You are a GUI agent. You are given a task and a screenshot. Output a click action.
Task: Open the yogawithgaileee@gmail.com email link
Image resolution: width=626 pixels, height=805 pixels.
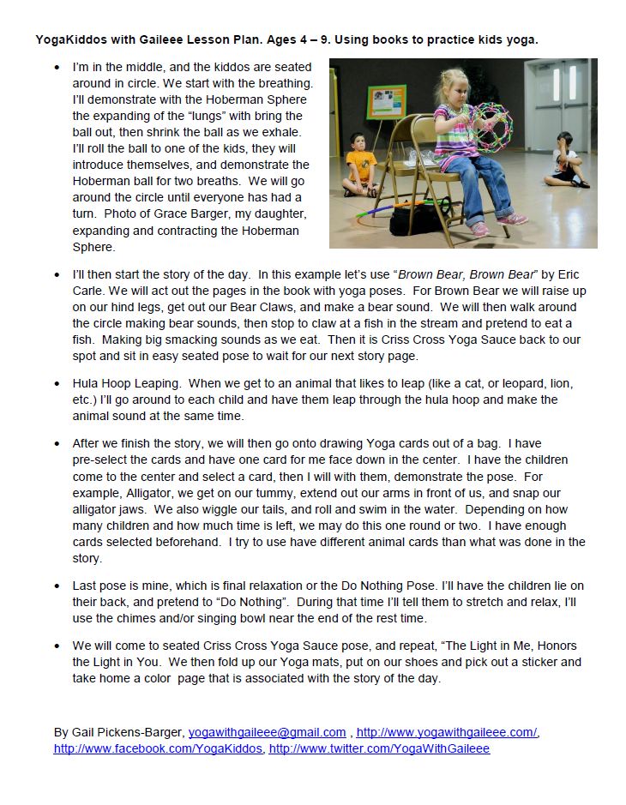pyautogui.click(x=267, y=731)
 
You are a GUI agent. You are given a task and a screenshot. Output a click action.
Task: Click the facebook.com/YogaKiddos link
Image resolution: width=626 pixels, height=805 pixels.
pyautogui.click(x=159, y=748)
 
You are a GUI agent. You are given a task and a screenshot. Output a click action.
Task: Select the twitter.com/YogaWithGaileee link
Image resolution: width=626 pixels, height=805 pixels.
pyautogui.click(x=379, y=748)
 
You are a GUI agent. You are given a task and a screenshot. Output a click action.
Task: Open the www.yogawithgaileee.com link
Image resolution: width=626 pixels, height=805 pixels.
pyautogui.click(x=447, y=731)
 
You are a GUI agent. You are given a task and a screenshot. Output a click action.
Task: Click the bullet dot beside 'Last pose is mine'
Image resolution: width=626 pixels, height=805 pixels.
pyautogui.click(x=57, y=586)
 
